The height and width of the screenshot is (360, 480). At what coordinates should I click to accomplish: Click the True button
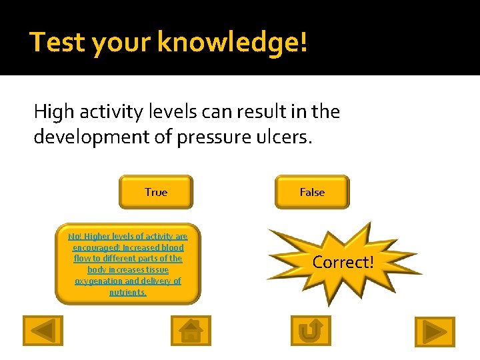click(x=155, y=192)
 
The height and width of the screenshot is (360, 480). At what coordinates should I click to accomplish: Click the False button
click(x=311, y=192)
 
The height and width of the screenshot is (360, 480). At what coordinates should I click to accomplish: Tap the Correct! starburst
click(x=343, y=262)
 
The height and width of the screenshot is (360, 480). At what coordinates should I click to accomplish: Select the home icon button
click(x=191, y=331)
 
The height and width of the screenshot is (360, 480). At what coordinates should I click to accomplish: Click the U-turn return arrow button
click(x=311, y=331)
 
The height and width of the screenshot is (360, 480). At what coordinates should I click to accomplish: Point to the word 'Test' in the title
click(x=57, y=42)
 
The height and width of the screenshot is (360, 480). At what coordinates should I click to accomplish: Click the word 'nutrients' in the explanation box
click(x=127, y=293)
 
